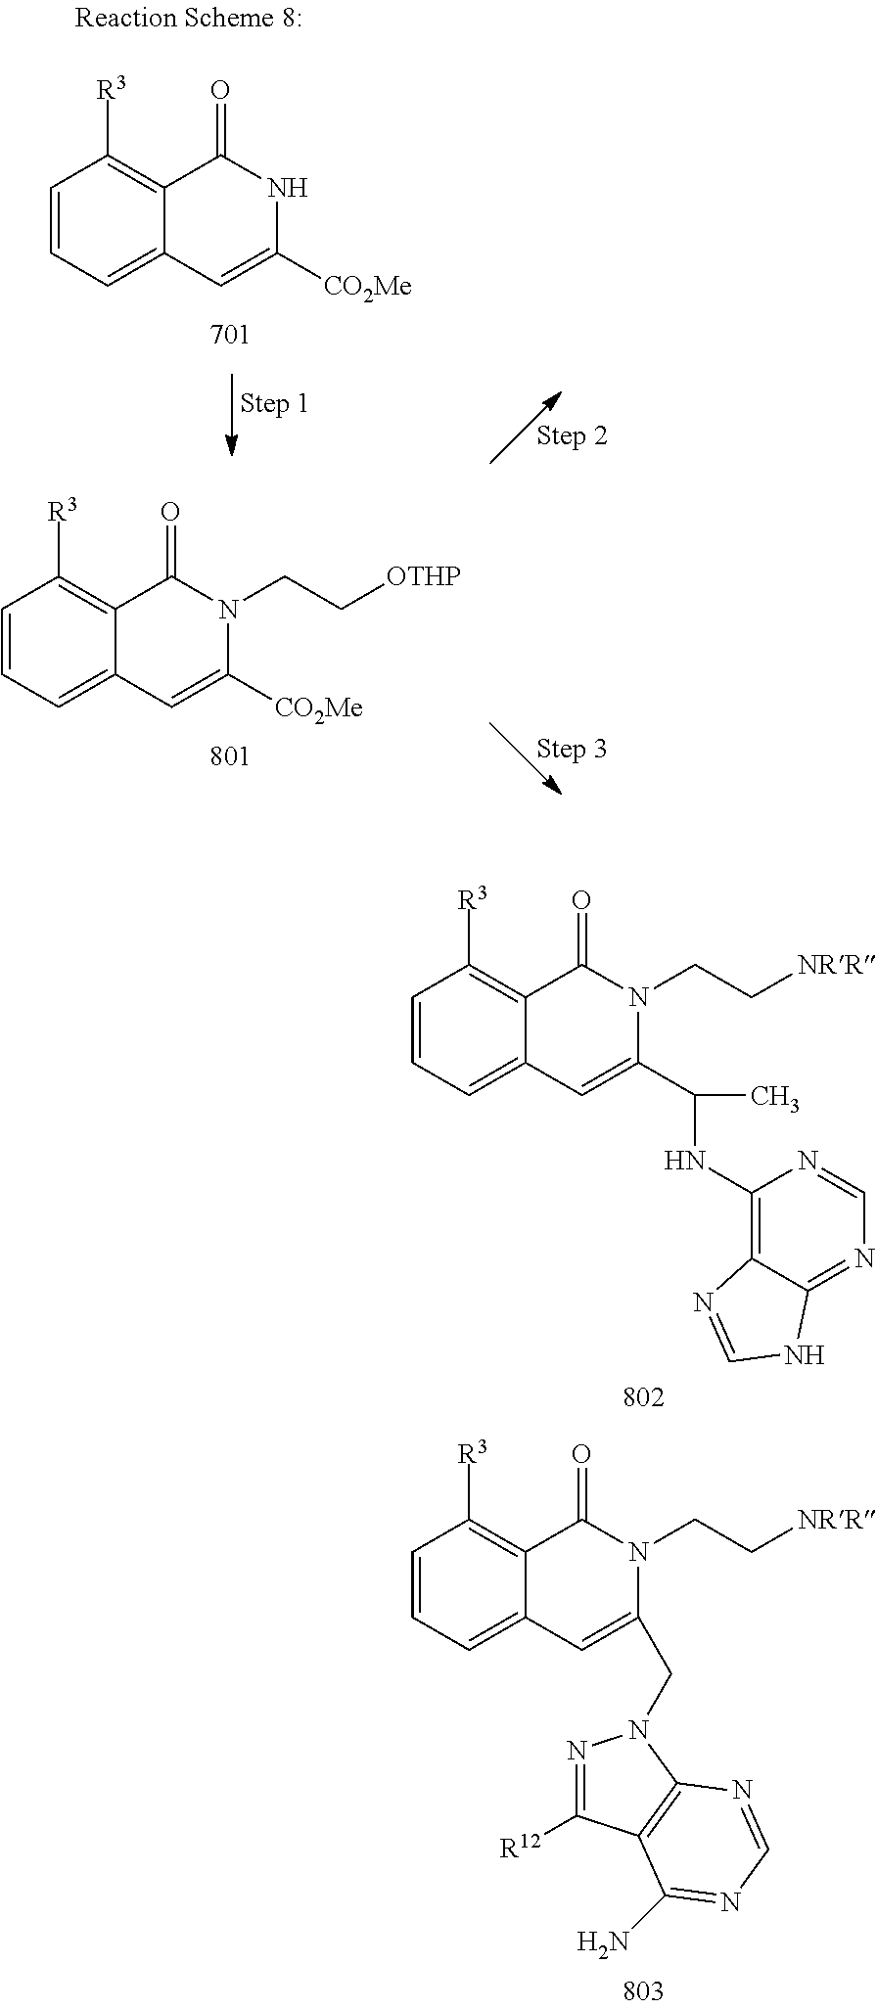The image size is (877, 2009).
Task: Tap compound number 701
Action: pyautogui.click(x=230, y=335)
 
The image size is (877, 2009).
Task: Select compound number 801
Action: pyautogui.click(x=230, y=756)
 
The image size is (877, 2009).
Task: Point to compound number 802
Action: pyautogui.click(x=643, y=1397)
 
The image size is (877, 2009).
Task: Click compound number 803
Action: pyautogui.click(x=643, y=1989)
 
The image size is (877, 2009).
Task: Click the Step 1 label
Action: pyautogui.click(x=274, y=403)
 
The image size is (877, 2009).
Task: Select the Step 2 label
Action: pyautogui.click(x=572, y=435)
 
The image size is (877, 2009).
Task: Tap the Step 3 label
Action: pyautogui.click(x=572, y=749)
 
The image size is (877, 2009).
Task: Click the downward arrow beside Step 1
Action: pyautogui.click(x=231, y=415)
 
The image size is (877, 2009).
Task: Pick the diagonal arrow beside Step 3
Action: pyautogui.click(x=525, y=758)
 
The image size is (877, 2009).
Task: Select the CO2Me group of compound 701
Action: pyautogui.click(x=367, y=287)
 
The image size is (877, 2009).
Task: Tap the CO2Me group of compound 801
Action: pyautogui.click(x=318, y=708)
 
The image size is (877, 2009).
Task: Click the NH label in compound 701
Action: pyautogui.click(x=287, y=188)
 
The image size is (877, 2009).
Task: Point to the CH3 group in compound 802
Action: pyautogui.click(x=774, y=1098)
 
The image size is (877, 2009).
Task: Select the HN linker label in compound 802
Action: pyautogui.click(x=685, y=1162)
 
